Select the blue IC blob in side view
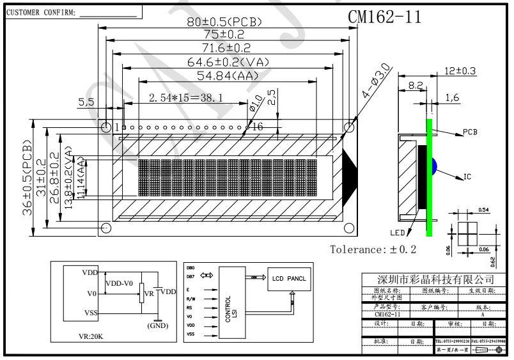pos(433,166)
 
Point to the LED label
pos(397,231)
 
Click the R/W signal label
pos(191,298)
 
